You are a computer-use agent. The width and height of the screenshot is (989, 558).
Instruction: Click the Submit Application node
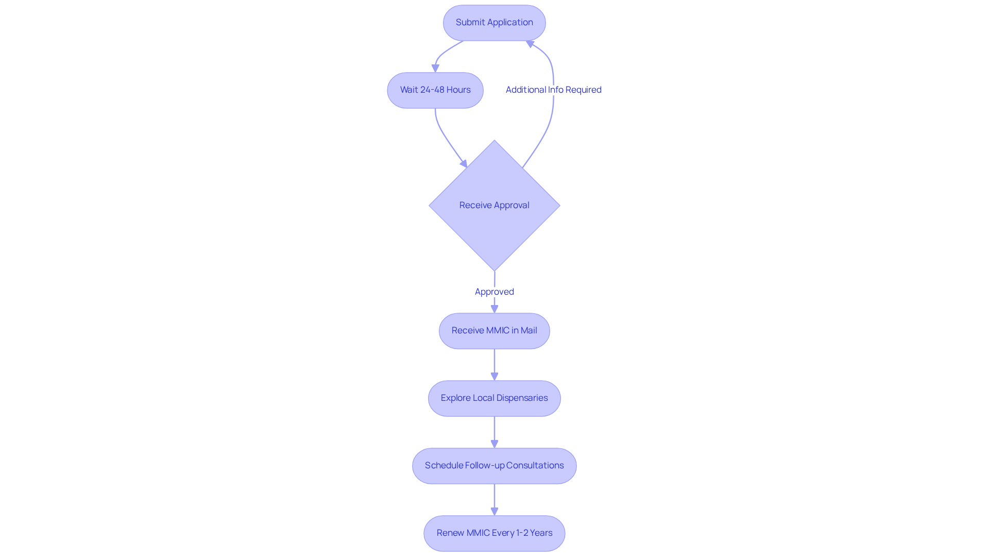(494, 23)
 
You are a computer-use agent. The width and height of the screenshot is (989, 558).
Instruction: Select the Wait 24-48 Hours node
(435, 90)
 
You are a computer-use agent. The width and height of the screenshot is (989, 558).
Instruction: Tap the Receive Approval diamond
(494, 206)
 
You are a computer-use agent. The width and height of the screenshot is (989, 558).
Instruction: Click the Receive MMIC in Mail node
(494, 331)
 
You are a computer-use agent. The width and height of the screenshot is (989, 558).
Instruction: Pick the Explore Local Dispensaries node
(494, 398)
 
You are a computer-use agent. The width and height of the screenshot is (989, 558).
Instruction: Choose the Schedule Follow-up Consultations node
(494, 466)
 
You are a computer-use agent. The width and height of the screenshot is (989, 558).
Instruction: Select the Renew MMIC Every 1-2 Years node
(494, 533)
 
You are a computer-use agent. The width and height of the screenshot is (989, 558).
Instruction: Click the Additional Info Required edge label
(554, 90)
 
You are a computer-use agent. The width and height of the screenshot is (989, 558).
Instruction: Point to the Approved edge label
(494, 292)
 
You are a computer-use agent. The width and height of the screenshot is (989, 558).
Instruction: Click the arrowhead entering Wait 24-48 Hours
(435, 69)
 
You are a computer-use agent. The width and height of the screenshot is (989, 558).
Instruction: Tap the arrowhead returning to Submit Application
(530, 44)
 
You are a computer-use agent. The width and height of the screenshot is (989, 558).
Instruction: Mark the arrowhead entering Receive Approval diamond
(464, 164)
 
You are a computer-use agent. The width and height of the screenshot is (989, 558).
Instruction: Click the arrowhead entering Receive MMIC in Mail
(494, 309)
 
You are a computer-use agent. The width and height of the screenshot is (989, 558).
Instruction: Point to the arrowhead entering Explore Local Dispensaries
(494, 377)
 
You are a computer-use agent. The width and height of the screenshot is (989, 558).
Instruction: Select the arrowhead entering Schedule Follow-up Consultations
(494, 444)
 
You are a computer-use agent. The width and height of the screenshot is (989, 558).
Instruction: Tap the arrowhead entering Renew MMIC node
(494, 512)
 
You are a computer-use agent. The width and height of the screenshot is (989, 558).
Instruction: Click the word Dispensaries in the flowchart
(522, 398)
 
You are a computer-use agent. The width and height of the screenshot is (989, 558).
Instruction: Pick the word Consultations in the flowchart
(535, 466)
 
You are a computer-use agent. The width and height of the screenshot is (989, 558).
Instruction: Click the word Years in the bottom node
(541, 533)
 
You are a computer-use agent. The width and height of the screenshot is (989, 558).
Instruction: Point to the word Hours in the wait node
(458, 90)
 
